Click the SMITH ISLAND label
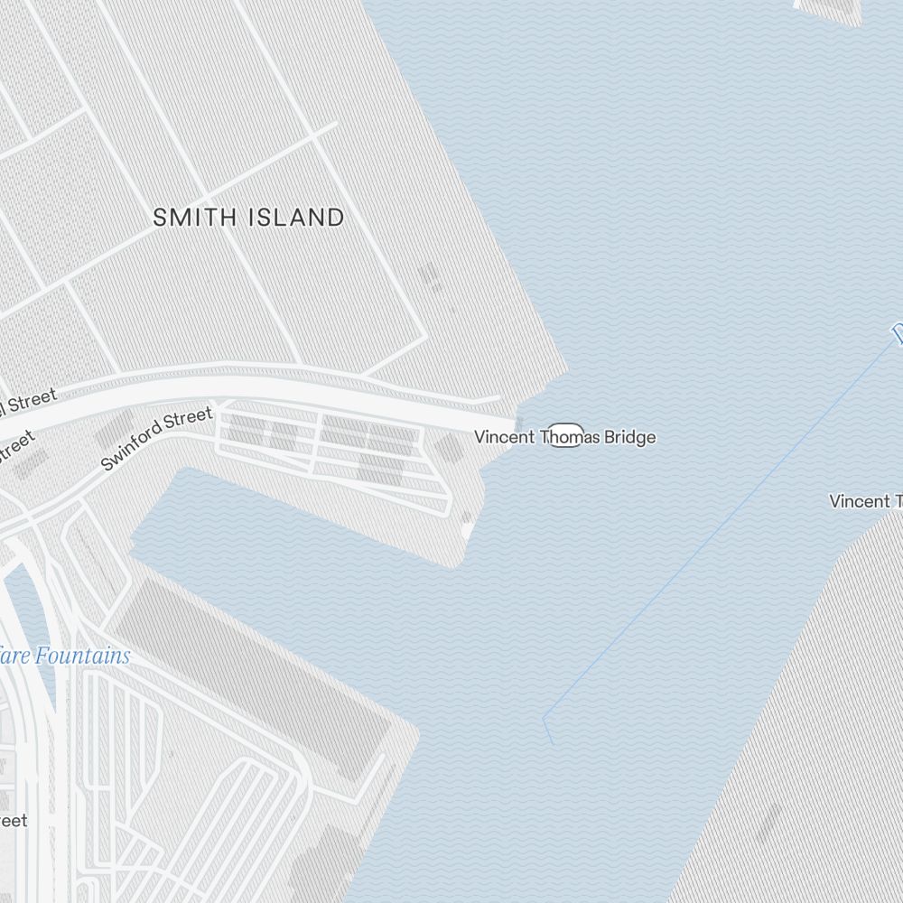pos(248,218)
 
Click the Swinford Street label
pos(155,439)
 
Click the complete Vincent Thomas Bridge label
pos(565,437)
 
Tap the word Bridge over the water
pos(631,438)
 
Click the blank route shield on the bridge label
pos(566,435)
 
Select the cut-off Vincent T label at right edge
pos(866,501)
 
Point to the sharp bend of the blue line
pos(545,719)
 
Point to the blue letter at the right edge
pos(898,334)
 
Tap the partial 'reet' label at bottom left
pos(14,821)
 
